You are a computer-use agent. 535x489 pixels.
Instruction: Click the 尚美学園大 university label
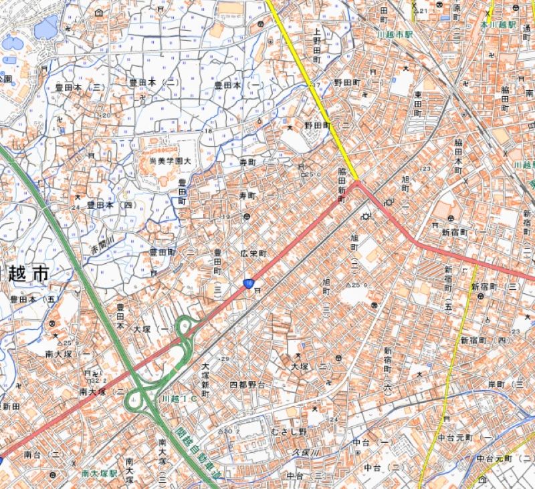click(169, 160)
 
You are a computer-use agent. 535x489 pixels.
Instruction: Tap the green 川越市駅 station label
click(395, 33)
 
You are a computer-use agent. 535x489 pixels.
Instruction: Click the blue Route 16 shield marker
click(249, 285)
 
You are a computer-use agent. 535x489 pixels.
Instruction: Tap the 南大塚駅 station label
click(99, 473)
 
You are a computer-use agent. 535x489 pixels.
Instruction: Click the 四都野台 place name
click(247, 385)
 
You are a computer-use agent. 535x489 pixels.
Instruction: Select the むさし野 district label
click(288, 432)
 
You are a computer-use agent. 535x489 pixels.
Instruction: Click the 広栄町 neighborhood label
click(253, 255)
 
